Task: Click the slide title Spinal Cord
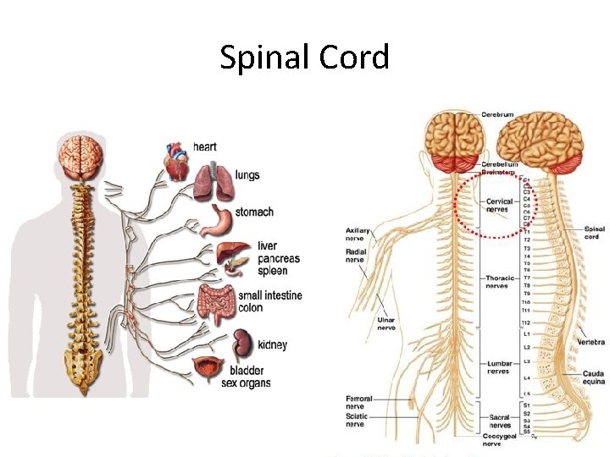[x=304, y=58]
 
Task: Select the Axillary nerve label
[x=358, y=234]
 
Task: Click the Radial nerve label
[x=356, y=255]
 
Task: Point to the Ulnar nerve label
[x=386, y=324]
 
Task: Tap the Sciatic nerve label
[x=358, y=420]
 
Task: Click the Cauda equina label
[x=593, y=377]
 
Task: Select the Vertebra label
[x=591, y=342]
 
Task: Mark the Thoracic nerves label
[x=497, y=281]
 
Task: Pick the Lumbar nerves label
[x=499, y=366]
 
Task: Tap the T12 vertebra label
[x=526, y=322]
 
